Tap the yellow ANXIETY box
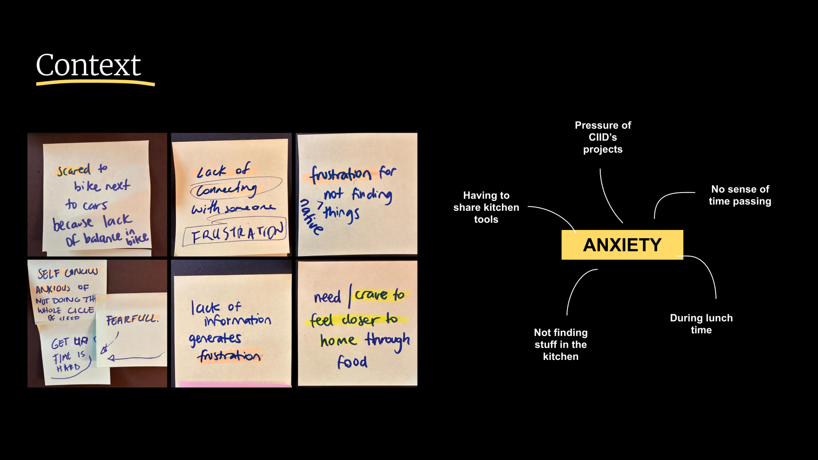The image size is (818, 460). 622,245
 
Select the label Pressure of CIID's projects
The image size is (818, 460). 602,137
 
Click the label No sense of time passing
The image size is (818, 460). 740,195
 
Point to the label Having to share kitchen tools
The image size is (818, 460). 486,207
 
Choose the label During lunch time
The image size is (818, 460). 701,324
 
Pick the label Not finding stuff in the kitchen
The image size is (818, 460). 561,344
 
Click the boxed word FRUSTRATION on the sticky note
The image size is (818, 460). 236,233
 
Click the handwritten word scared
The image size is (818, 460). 74,170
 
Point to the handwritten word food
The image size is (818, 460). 352,362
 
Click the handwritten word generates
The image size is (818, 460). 215,339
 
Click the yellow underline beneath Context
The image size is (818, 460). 95,83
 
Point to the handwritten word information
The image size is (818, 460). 237,320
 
